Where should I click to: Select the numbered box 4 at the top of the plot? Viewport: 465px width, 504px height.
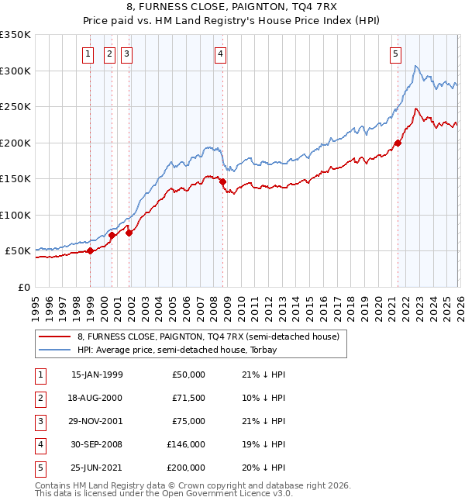click(x=221, y=54)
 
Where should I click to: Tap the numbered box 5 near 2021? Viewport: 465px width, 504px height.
click(x=396, y=54)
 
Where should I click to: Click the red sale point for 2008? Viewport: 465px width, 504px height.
click(x=223, y=181)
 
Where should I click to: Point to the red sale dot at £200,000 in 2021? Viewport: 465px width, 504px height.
click(x=398, y=143)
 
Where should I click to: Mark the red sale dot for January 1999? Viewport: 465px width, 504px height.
click(x=90, y=250)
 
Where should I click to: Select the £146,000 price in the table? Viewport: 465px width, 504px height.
click(x=186, y=444)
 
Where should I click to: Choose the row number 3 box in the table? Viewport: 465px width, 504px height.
click(x=39, y=421)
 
